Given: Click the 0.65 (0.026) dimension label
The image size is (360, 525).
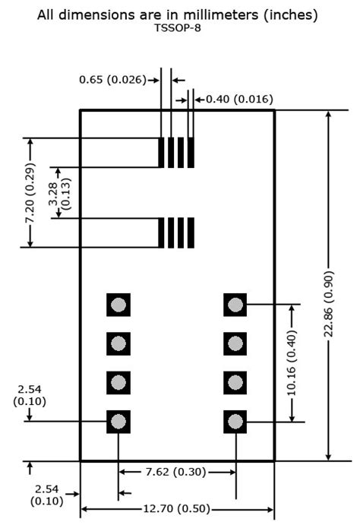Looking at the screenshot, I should click(x=113, y=79).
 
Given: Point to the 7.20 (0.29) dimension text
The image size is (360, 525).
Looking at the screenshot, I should click(x=30, y=192).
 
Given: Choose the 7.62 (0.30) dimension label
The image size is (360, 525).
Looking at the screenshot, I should click(x=176, y=472).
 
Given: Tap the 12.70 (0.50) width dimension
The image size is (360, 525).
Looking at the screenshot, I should click(x=177, y=509).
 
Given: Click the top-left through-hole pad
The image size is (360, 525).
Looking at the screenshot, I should click(x=118, y=305).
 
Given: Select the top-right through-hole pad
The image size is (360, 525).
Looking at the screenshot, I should click(x=235, y=305).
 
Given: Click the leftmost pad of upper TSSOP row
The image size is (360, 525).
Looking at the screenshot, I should click(x=162, y=153).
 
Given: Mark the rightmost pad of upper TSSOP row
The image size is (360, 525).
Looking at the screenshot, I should click(x=191, y=153).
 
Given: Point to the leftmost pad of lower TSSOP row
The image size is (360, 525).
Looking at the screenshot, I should click(x=162, y=232).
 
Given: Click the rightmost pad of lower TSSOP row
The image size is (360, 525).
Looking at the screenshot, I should click(x=191, y=232).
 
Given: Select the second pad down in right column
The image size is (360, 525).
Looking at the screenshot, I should click(x=235, y=343).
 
